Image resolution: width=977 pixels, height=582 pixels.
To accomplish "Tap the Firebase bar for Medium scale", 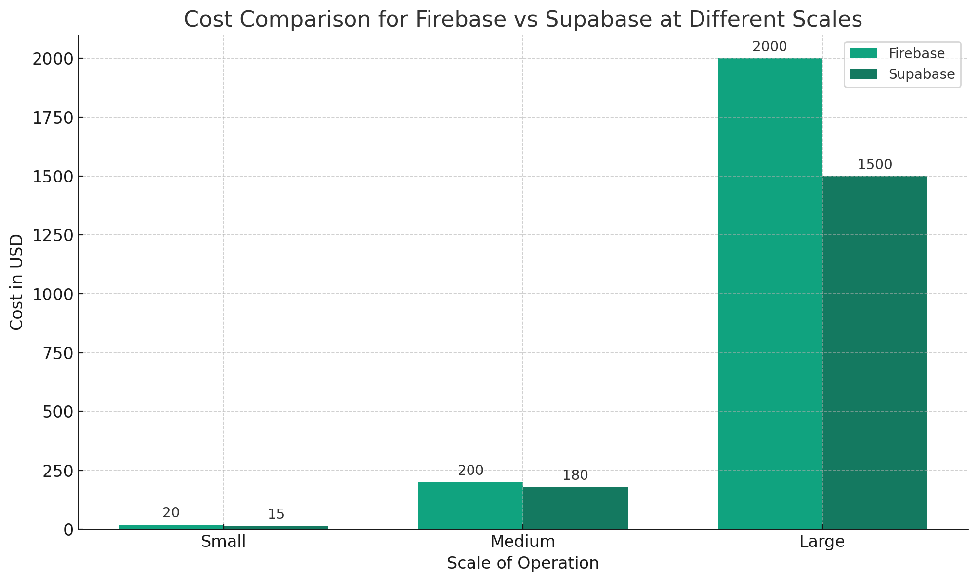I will point(470,506).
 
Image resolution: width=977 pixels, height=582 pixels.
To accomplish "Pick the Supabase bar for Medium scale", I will point(575,508).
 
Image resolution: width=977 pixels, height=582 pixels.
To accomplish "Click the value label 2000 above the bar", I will point(770,47).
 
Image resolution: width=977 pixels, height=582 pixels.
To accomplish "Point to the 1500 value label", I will point(874,165).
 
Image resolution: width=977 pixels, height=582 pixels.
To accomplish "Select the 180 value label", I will point(575,476).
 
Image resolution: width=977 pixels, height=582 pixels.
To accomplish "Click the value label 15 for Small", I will point(276,515).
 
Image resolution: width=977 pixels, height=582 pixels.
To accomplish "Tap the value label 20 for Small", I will point(171,513).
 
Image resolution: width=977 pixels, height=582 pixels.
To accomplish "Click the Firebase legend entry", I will point(916,53).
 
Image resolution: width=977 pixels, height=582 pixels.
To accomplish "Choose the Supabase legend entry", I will point(921,74).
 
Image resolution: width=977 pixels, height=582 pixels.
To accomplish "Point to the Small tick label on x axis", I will point(223,542).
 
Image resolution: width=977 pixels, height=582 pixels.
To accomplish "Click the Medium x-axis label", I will point(523,542).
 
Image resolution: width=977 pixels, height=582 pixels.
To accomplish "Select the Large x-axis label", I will point(822,542).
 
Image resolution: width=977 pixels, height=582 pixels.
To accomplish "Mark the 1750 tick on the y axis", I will point(52,118).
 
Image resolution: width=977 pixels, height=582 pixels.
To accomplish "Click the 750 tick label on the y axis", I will point(58,353).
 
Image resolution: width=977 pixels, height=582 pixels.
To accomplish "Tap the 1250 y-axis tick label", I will point(52,235).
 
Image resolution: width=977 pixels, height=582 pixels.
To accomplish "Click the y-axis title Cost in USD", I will point(17,282).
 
